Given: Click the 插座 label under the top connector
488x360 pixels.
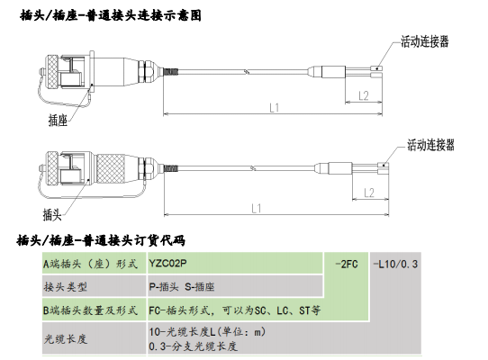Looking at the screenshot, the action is tap(58, 120).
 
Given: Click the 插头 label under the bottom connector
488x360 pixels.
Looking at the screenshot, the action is tap(52, 215).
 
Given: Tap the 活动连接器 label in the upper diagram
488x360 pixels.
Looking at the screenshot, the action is tap(424, 41).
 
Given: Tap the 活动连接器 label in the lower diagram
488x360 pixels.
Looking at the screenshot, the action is tap(430, 145).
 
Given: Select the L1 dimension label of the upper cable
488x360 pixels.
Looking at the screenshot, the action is tap(275, 108).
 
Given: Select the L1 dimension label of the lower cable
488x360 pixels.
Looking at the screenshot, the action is tap(257, 209).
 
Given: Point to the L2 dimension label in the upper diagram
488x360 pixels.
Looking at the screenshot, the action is tap(364, 95).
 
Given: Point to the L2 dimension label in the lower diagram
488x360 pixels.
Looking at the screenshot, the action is tap(369, 193).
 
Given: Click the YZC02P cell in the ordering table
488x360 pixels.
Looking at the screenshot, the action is tap(168, 263).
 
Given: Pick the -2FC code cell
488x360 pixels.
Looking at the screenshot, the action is tap(347, 265).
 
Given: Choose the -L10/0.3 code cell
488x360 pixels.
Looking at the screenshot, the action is tap(395, 265).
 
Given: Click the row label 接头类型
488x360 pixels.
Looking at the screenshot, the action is tap(66, 286).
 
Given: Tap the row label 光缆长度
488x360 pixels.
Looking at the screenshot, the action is tap(66, 338).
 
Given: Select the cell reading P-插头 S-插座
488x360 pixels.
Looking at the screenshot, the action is tap(182, 286).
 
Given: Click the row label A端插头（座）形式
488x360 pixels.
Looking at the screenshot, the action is tap(90, 265).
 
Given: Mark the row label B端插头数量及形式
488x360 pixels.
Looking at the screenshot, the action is tap(90, 310).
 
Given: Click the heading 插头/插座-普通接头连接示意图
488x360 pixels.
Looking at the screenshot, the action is tap(111, 15).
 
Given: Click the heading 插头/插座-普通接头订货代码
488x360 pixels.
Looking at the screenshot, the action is tap(101, 240).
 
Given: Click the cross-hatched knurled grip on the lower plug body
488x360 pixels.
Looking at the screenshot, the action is tap(111, 169).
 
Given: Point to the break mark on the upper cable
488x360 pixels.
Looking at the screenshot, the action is tap(247, 72).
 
